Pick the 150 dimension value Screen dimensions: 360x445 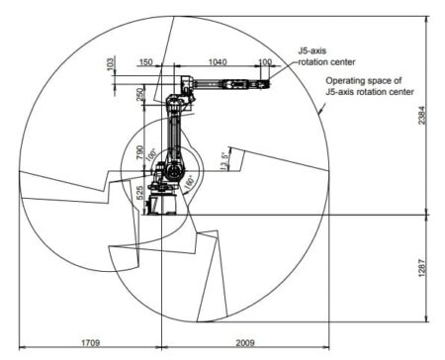click(146, 61)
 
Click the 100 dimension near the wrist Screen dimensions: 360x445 click(264, 61)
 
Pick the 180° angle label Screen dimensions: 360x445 click(188, 182)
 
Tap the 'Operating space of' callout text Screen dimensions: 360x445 click(362, 81)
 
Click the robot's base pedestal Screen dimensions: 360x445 click(164, 205)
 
